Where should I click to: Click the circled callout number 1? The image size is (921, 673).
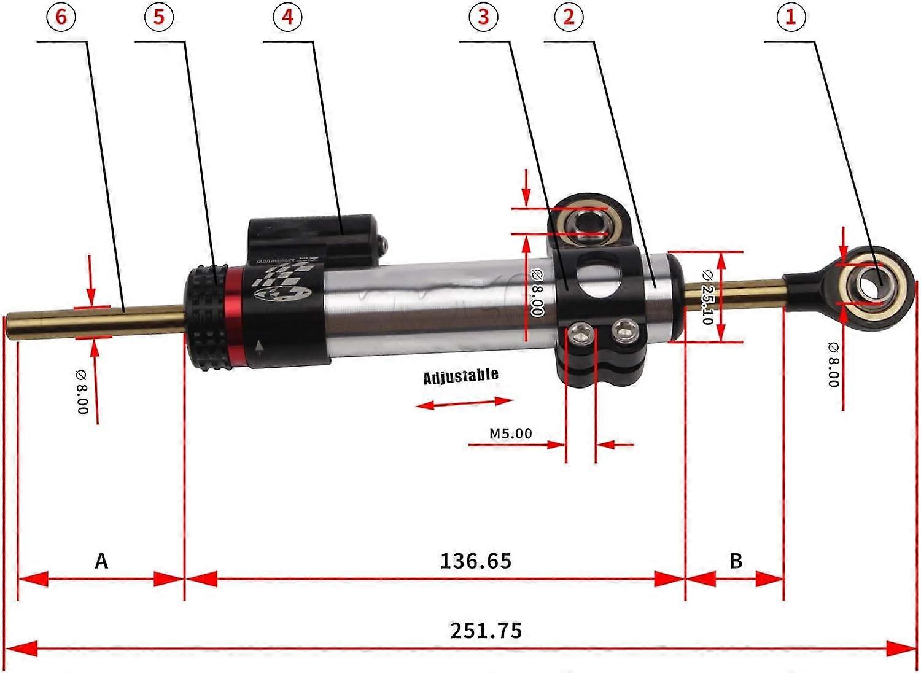[790, 17]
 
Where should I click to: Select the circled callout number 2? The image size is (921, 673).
[569, 17]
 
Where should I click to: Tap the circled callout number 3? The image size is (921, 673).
[483, 17]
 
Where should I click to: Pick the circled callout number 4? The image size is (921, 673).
[287, 17]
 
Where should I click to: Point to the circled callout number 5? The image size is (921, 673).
[159, 17]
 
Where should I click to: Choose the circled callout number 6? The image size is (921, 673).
[61, 17]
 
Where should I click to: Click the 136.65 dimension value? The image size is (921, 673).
[475, 561]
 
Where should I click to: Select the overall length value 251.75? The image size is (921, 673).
[486, 631]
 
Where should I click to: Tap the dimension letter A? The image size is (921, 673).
[101, 561]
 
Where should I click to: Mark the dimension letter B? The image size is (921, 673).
[736, 561]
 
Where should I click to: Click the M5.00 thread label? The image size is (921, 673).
[510, 434]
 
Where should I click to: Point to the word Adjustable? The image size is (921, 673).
[460, 376]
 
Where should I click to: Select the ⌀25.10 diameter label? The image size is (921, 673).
[706, 297]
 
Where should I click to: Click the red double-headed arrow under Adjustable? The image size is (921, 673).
[464, 403]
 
